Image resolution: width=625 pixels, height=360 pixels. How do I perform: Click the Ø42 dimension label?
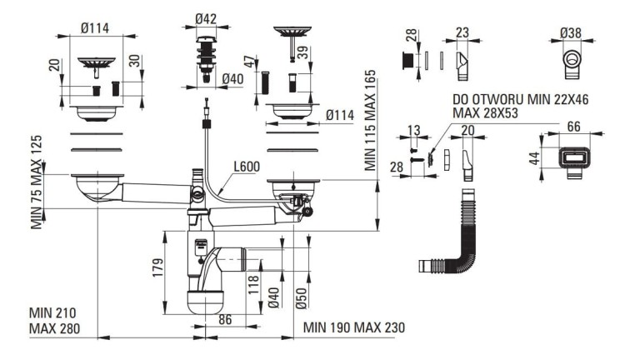[206, 18]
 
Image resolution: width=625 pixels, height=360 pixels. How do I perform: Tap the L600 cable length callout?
[247, 166]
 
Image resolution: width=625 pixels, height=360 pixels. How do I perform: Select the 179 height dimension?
[157, 267]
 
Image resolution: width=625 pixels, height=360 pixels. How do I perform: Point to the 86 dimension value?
[225, 319]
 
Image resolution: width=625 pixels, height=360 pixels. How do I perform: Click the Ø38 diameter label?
[570, 32]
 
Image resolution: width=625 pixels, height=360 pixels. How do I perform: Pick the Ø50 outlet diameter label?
[302, 298]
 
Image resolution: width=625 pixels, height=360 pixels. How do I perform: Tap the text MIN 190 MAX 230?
[354, 327]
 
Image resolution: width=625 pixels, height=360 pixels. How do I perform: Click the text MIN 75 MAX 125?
[37, 182]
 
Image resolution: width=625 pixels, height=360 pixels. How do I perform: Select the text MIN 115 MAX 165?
[370, 120]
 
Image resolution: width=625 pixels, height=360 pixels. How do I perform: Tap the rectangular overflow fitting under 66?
[572, 162]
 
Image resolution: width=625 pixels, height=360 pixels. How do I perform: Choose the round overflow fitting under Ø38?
[572, 65]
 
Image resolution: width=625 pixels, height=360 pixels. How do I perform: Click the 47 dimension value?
[249, 62]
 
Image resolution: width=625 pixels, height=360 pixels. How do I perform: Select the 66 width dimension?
[573, 127]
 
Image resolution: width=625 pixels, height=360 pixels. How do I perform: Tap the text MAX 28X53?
[485, 113]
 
